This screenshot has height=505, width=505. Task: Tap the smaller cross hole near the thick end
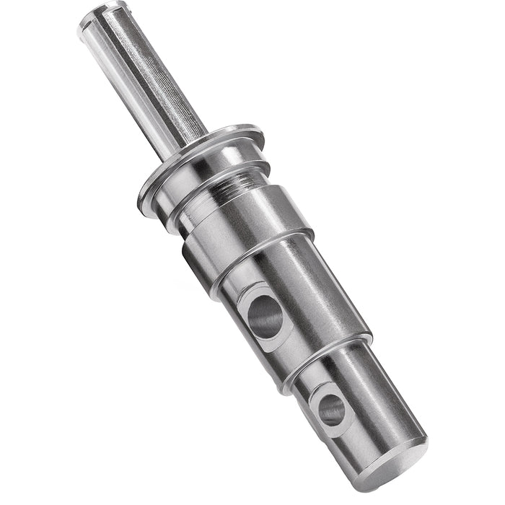(x=332, y=409)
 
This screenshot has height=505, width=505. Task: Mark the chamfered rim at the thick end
(x=418, y=440)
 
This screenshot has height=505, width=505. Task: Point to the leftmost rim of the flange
(x=144, y=191)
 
